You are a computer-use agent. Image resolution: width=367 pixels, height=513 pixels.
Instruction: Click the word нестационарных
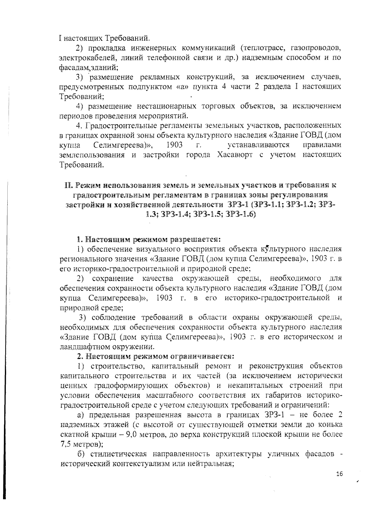click(167, 106)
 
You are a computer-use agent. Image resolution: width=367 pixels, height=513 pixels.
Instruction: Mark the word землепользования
click(92, 155)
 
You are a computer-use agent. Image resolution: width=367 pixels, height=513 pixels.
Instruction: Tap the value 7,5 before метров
click(65, 444)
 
